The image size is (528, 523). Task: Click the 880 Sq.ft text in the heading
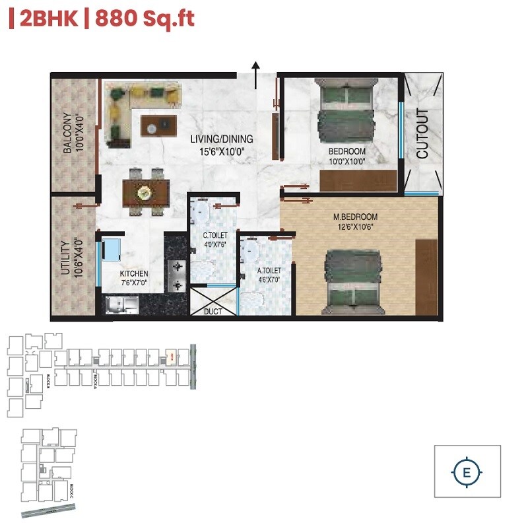point(145,18)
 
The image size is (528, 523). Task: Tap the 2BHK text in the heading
point(47,18)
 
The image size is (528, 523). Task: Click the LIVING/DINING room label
point(222,139)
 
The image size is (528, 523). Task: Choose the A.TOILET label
point(269,269)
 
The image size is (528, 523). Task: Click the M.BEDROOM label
point(355,217)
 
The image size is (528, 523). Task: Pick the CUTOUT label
point(422,133)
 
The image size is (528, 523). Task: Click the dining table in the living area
point(146,192)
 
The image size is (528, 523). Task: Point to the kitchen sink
point(121,304)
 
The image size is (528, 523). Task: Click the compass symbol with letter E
point(467,472)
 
